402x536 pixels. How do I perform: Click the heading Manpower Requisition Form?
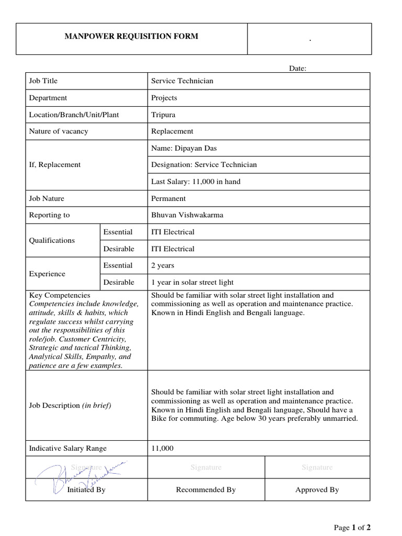(x=131, y=37)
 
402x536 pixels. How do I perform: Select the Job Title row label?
(x=43, y=81)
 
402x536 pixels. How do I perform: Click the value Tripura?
(x=163, y=115)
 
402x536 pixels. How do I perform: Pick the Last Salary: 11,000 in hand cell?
(x=196, y=182)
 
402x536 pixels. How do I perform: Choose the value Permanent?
(x=169, y=198)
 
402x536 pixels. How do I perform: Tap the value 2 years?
(x=163, y=265)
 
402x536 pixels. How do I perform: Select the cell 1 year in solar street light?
(x=192, y=282)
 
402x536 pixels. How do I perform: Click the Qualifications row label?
(x=52, y=240)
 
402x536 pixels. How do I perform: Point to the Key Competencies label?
(x=60, y=295)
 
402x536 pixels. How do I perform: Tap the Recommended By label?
(x=206, y=490)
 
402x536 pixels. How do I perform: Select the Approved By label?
(x=317, y=490)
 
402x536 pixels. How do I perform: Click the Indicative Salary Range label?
(x=68, y=449)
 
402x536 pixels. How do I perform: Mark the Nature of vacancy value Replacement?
(x=172, y=131)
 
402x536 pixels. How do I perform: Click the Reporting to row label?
(x=49, y=215)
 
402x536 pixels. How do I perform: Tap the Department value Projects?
(x=164, y=98)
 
